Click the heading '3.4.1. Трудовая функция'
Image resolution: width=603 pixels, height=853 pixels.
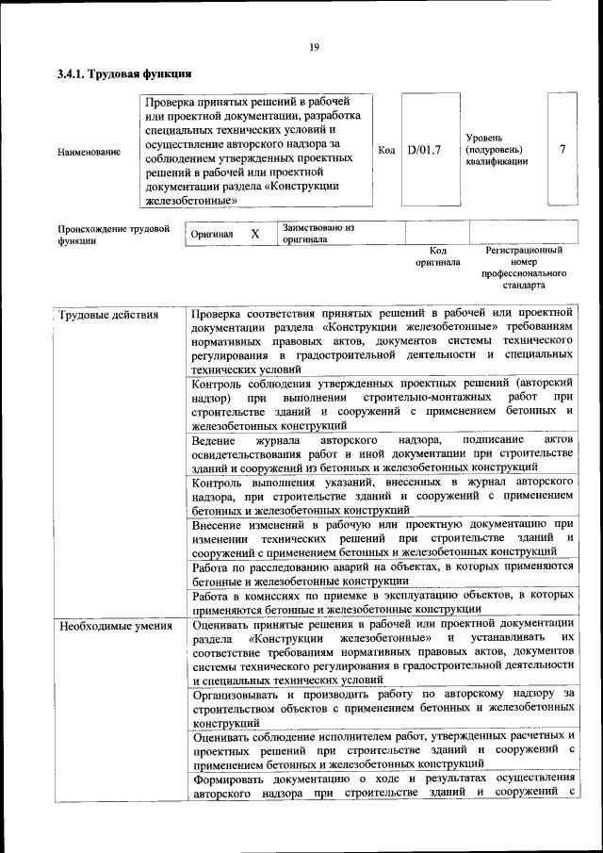[124, 73]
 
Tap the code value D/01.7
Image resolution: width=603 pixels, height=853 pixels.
[424, 150]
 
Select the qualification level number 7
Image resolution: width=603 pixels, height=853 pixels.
[562, 150]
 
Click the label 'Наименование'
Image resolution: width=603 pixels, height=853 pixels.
[89, 152]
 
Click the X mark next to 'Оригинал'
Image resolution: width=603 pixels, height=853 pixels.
[254, 233]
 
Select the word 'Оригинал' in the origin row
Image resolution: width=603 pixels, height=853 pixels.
[212, 234]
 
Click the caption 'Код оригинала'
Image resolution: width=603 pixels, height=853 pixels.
[437, 256]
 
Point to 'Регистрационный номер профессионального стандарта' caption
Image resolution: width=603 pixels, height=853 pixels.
[524, 267]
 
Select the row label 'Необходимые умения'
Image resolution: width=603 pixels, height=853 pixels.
[115, 625]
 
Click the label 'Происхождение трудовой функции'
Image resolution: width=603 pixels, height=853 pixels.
[113, 234]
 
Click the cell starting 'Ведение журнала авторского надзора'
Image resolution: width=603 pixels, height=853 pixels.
[382, 454]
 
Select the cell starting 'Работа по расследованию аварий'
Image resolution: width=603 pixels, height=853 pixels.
[382, 573]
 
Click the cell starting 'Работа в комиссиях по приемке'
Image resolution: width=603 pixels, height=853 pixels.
[382, 601]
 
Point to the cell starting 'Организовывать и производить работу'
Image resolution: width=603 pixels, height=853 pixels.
[382, 707]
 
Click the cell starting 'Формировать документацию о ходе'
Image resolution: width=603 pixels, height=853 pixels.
[382, 784]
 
